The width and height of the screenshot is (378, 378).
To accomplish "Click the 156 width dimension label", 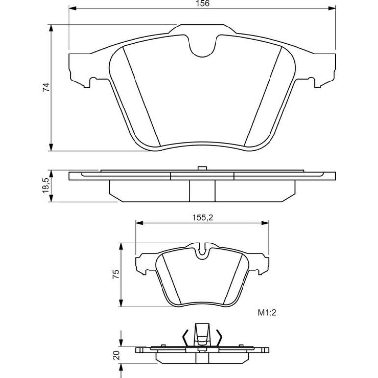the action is click(x=202, y=3).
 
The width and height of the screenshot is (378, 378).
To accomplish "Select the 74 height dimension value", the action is click(x=46, y=87).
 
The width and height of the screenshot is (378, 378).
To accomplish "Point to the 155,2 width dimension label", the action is click(x=202, y=217).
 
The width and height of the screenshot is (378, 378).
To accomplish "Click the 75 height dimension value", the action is click(x=116, y=274).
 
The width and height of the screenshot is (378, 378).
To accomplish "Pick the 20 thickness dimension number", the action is click(x=117, y=355).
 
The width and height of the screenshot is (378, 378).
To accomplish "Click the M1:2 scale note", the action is click(x=267, y=313).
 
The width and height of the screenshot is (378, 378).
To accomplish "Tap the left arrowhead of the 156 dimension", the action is click(x=72, y=9).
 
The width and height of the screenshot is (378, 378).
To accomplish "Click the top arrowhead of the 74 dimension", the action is click(x=51, y=27).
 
